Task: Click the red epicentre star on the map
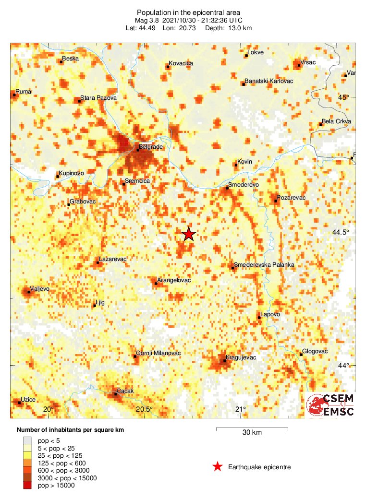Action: pos(189,234)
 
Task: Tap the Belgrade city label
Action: pos(151,146)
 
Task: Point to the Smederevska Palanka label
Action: pos(264,265)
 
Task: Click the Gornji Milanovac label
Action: pos(158,353)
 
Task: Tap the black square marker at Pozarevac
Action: pos(276,200)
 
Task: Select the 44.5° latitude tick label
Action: pos(342,232)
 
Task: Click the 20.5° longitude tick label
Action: pos(144,409)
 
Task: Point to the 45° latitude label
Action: pos(343,97)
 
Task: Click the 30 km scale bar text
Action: pos(252,432)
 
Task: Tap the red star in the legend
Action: pos(218,466)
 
